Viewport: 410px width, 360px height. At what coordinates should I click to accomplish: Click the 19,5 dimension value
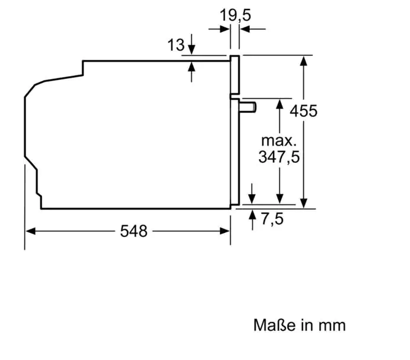tap(236, 15)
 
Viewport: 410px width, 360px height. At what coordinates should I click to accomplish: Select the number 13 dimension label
tap(176, 45)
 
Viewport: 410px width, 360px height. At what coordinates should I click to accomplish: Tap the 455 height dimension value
tap(303, 110)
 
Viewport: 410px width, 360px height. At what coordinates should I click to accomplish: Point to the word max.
tap(279, 141)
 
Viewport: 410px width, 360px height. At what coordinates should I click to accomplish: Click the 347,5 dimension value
tap(279, 157)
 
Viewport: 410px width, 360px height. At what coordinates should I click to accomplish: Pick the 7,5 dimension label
tap(272, 219)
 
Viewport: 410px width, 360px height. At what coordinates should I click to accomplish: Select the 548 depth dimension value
tap(134, 231)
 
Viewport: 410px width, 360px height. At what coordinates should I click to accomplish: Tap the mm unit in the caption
tap(332, 326)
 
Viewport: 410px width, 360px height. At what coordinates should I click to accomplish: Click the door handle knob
tap(247, 108)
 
